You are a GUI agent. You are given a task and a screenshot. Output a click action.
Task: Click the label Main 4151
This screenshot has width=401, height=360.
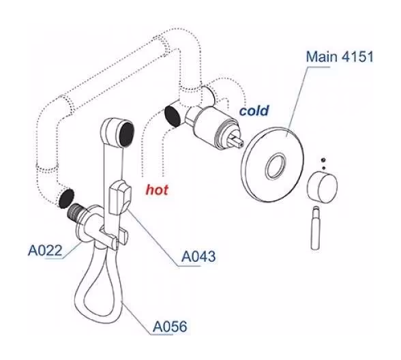(x=340, y=57)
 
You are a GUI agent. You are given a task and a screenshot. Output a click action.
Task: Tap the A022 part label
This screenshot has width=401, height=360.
(x=45, y=251)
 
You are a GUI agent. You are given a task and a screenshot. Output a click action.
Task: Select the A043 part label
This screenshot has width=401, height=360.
(x=198, y=256)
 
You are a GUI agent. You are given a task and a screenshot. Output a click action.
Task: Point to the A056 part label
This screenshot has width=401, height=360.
(x=170, y=326)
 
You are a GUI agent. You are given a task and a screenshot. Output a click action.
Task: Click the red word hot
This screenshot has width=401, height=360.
(x=157, y=190)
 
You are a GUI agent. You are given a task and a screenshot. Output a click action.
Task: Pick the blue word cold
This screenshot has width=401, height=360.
(x=254, y=110)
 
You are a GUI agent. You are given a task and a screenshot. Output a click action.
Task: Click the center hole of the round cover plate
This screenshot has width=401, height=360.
(x=276, y=166)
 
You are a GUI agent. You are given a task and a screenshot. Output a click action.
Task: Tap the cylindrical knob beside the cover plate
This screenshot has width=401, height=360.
(x=322, y=187)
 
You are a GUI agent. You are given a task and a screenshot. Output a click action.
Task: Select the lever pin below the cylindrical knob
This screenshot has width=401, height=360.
(x=316, y=228)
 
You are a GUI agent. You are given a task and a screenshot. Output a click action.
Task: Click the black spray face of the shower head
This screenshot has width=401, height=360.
(x=127, y=134)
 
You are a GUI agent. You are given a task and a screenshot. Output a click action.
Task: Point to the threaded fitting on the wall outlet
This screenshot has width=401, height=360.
(x=76, y=212)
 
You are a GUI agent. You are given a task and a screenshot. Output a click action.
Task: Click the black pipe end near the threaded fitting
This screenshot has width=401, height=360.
(x=66, y=198)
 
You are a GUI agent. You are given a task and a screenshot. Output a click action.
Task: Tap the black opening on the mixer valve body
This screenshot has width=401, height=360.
(x=173, y=116)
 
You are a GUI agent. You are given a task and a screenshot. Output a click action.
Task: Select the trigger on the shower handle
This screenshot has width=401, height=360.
(x=121, y=197)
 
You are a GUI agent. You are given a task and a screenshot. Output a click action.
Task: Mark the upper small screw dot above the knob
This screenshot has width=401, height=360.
(x=323, y=160)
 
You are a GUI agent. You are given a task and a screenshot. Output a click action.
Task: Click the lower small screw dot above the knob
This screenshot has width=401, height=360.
(x=323, y=168)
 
